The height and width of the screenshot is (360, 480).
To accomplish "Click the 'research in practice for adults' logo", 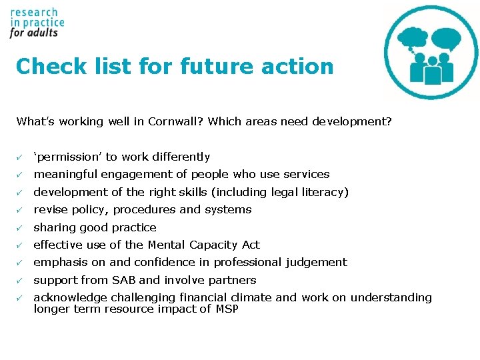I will (37, 23).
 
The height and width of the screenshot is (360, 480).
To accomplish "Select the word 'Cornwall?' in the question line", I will (179, 121).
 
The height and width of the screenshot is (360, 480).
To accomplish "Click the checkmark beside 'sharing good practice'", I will (21, 227).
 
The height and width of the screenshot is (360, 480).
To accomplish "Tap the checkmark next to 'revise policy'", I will (21, 210).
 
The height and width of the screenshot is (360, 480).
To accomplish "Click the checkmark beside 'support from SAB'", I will (21, 280).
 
